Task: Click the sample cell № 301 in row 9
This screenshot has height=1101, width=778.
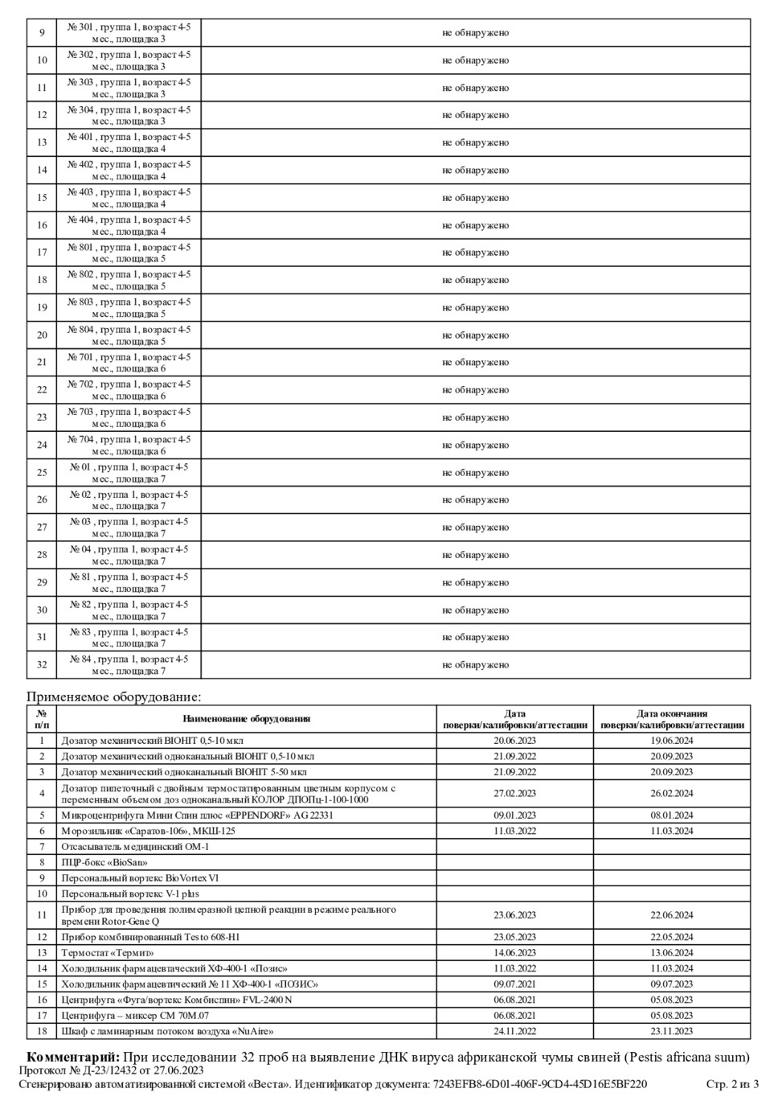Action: coord(129,33)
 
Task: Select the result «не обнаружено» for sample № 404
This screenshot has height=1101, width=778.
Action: coord(475,225)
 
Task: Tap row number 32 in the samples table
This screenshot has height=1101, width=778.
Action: coord(42,665)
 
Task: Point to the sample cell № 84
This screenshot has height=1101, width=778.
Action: coord(129,665)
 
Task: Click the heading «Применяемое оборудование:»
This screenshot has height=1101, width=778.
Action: coord(113,696)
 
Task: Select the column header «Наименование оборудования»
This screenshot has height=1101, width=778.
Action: coord(246,719)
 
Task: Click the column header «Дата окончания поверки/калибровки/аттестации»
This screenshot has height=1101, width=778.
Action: coord(672,719)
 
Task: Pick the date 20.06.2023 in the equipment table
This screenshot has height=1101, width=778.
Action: coord(514,741)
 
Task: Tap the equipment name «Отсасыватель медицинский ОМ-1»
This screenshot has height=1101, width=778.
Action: coord(135,847)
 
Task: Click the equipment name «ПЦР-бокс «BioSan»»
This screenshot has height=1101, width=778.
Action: coord(104,862)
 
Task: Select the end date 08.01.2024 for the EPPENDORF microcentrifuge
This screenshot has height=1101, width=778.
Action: coord(672,815)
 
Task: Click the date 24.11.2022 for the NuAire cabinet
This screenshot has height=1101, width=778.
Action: coord(514,1031)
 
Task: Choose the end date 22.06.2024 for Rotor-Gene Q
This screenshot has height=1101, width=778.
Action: coord(672,915)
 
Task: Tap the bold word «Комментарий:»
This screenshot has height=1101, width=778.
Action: coord(74,1057)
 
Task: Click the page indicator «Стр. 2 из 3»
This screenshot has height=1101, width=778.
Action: coord(732,1084)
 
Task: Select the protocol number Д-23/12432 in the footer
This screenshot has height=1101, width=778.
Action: coord(104,1070)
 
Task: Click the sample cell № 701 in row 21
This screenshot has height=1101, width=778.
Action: coord(129,363)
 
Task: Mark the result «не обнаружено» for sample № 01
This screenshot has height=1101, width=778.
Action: coord(475,473)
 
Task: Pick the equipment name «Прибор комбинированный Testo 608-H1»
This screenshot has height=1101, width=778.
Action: coord(150,937)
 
